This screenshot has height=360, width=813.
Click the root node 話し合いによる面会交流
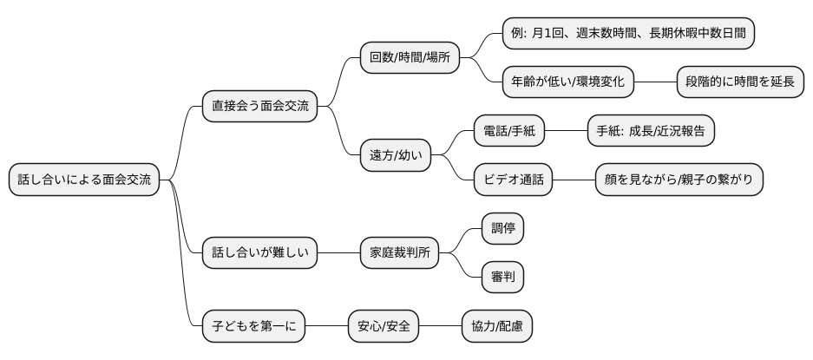coord(84,180)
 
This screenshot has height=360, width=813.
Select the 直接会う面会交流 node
coord(259,107)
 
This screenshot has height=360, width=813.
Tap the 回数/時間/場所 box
coord(410,58)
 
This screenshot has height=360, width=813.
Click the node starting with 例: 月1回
coord(628,33)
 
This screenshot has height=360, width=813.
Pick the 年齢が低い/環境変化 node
coord(568,82)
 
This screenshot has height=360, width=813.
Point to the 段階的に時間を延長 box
coord(740,82)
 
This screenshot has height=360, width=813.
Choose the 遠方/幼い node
coord(396,155)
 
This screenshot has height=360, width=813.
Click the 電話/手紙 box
coord(509,131)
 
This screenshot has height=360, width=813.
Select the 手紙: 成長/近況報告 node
coord(651,131)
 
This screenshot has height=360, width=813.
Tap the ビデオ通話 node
coord(512,180)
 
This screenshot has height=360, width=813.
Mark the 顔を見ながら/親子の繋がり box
coord(679,180)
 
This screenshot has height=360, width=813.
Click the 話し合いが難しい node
coord(259,253)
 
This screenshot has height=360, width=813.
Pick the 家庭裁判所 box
coord(399,253)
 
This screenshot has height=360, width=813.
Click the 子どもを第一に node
coord(253,326)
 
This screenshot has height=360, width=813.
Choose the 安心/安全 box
coord(384,326)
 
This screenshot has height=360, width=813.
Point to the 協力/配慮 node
coord(496,326)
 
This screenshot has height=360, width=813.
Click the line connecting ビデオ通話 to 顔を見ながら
coord(573,180)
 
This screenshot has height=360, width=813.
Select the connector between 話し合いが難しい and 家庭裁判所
coord(338,253)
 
